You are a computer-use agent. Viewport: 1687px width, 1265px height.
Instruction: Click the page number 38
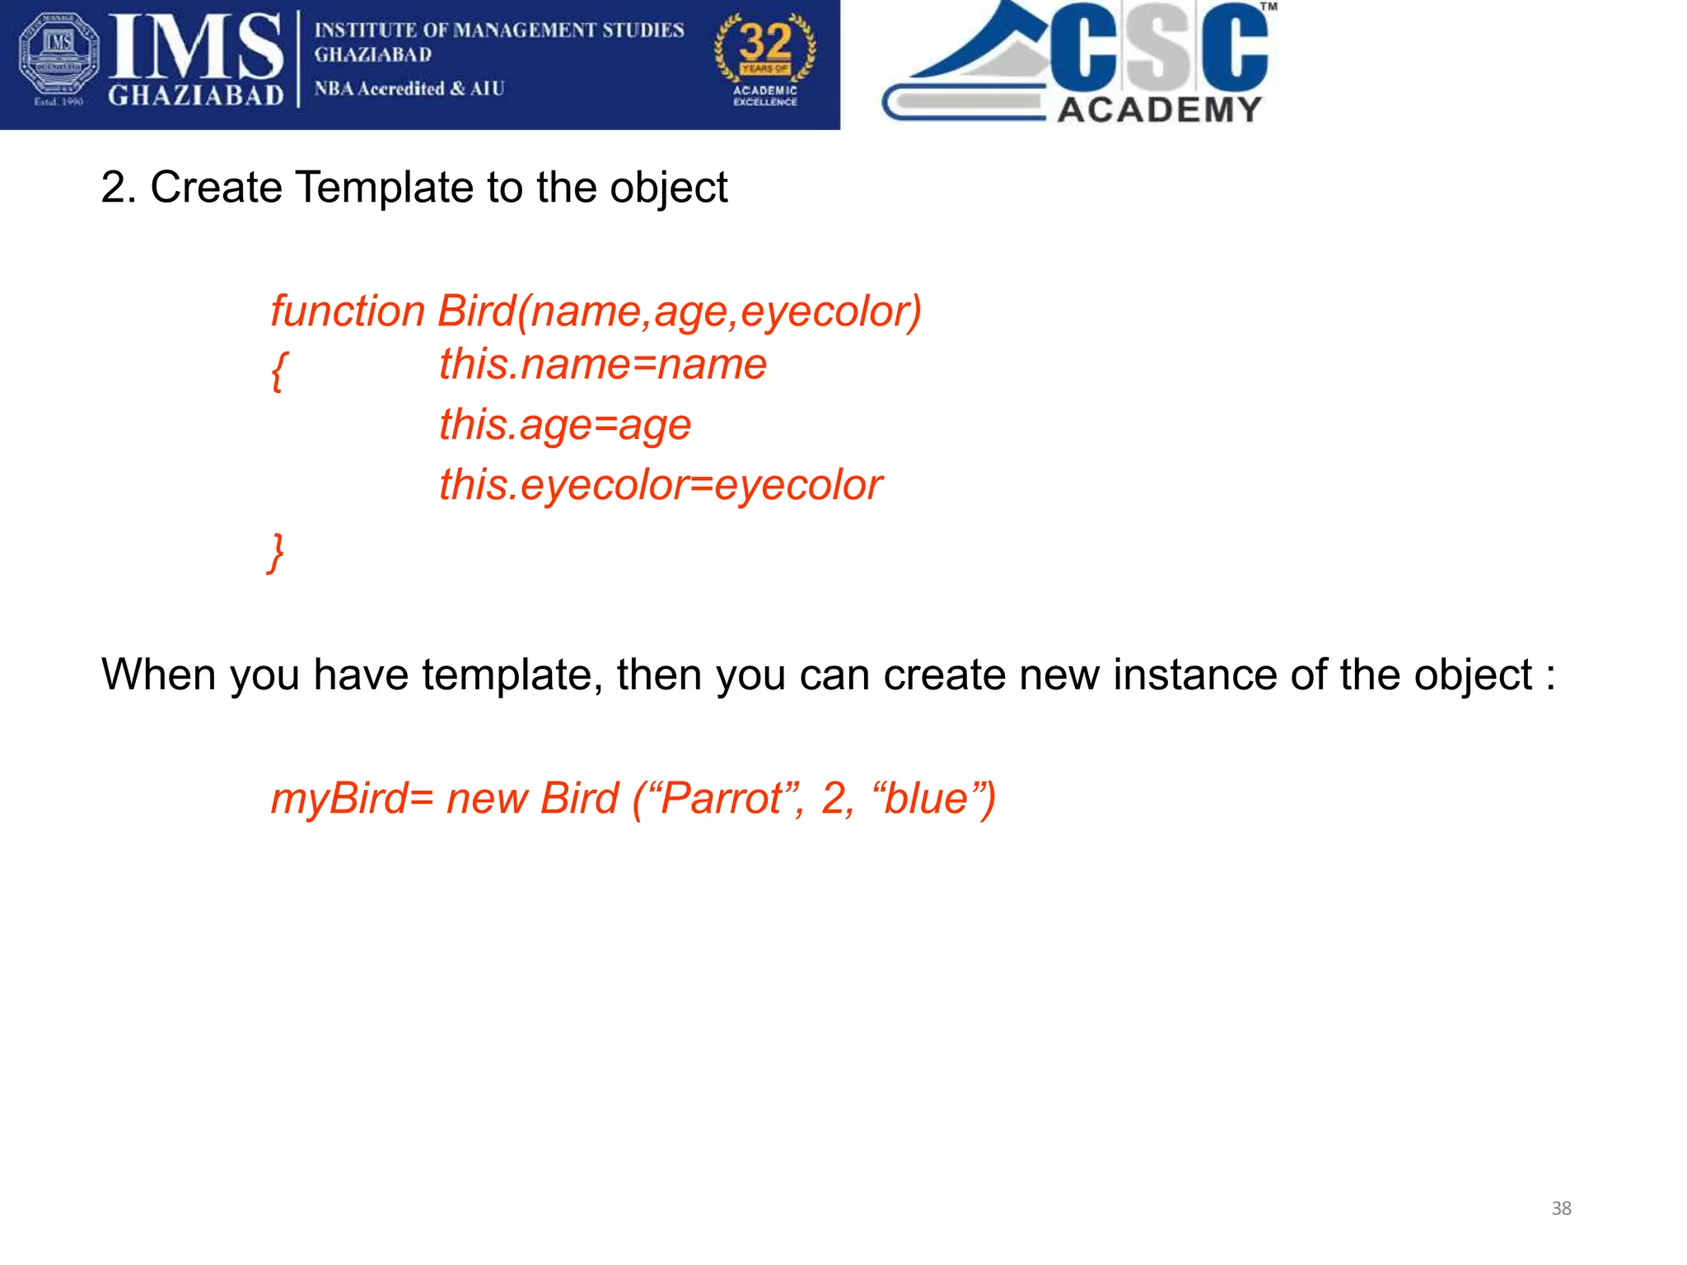1561,1208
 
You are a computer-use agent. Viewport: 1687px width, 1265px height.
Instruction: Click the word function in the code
348,312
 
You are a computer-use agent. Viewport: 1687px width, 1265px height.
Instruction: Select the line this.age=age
564,426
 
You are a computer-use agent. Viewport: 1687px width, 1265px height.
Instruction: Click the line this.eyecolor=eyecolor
660,485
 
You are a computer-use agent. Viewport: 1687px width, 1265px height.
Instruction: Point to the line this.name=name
602,365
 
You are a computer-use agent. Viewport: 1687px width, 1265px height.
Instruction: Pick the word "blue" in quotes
926,799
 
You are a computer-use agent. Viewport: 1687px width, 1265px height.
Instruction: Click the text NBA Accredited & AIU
409,89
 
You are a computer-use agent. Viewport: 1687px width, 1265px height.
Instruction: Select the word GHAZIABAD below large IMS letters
196,96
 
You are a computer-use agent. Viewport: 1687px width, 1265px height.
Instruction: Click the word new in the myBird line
486,799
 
